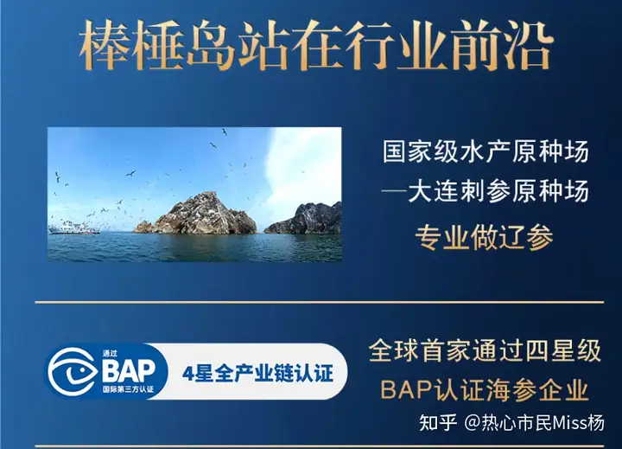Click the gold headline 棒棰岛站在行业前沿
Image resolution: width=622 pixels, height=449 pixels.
[316, 47]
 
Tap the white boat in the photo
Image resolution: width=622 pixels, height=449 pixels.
[73, 228]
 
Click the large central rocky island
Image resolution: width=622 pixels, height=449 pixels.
[195, 214]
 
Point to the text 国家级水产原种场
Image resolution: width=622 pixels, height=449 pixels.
[486, 151]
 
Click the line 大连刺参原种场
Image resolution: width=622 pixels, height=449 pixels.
[486, 191]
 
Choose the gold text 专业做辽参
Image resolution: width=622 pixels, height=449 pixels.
[484, 238]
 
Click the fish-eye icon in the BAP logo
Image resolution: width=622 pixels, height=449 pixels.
[73, 371]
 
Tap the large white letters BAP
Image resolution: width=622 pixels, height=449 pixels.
[128, 370]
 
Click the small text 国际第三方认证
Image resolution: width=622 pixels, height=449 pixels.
[128, 389]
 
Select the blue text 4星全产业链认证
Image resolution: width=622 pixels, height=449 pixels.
[257, 374]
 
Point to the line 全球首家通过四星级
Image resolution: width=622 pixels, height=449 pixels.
[485, 350]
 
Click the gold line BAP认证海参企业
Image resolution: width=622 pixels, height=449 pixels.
[485, 390]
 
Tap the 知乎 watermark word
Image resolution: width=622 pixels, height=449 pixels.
[437, 422]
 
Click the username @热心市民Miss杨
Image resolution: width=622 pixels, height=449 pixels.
[535, 422]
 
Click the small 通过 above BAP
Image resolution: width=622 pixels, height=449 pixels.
[109, 353]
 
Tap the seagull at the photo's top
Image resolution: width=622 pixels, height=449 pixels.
[225, 131]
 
